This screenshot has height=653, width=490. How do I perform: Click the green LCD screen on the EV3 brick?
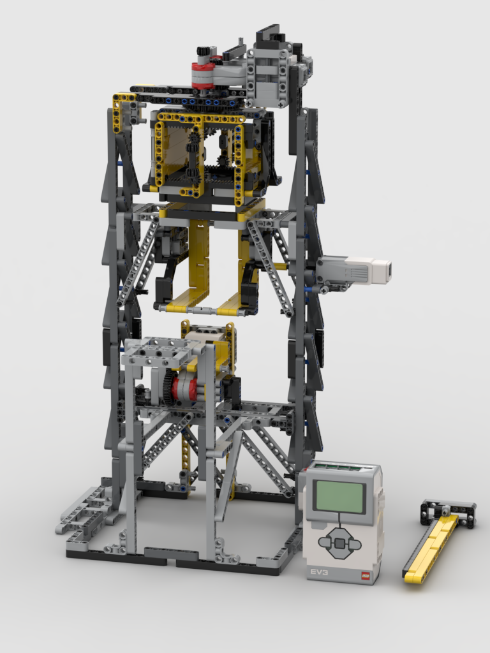(341, 497)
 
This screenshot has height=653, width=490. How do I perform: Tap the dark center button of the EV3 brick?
(340, 544)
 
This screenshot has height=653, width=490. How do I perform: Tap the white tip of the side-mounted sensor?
(382, 270)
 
